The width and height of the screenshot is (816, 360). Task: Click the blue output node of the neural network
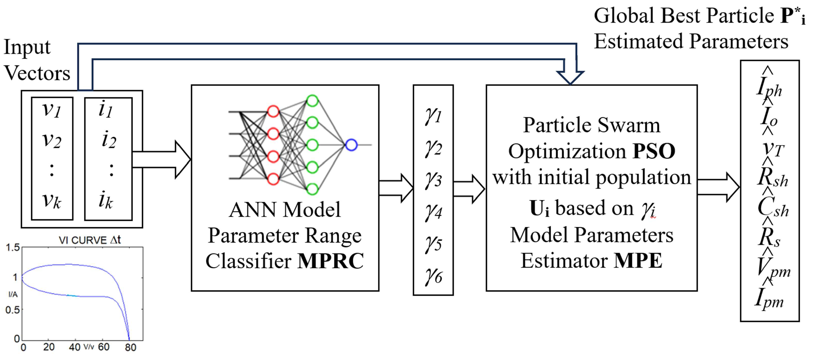click(351, 145)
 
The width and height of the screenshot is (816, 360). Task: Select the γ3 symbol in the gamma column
click(433, 180)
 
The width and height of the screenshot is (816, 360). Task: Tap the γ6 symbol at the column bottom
click(433, 276)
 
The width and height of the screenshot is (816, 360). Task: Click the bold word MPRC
click(330, 261)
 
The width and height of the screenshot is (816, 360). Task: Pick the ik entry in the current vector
click(106, 200)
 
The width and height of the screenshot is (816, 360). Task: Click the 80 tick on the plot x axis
click(130, 348)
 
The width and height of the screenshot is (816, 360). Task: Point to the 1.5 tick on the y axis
click(13, 248)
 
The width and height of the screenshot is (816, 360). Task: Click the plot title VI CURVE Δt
click(90, 240)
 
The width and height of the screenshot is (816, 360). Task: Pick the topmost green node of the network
click(312, 101)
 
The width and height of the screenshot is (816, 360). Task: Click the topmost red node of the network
click(273, 111)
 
